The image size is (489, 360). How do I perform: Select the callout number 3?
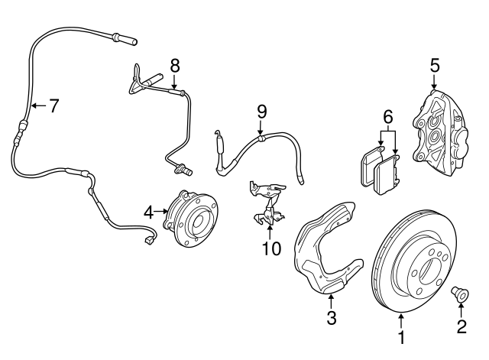pos(331,318)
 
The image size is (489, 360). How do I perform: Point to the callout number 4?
pos(149,211)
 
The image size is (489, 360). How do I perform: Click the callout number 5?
pos(434,66)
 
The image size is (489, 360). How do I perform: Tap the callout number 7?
pos(53,105)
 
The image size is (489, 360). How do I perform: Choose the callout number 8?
pos(175,66)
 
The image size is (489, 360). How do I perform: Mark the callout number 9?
pos(261,112)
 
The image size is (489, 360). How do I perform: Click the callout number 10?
pos(270,248)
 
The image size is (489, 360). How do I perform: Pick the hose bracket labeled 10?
pos(264,203)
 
